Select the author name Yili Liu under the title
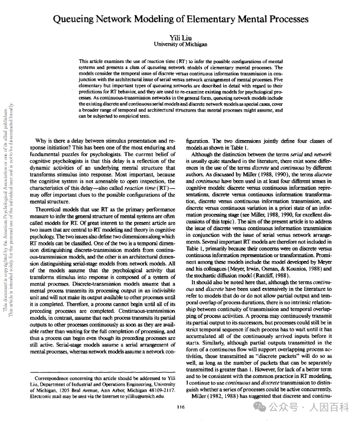point(180,38)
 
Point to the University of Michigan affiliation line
point(180,44)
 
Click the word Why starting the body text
point(42,141)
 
